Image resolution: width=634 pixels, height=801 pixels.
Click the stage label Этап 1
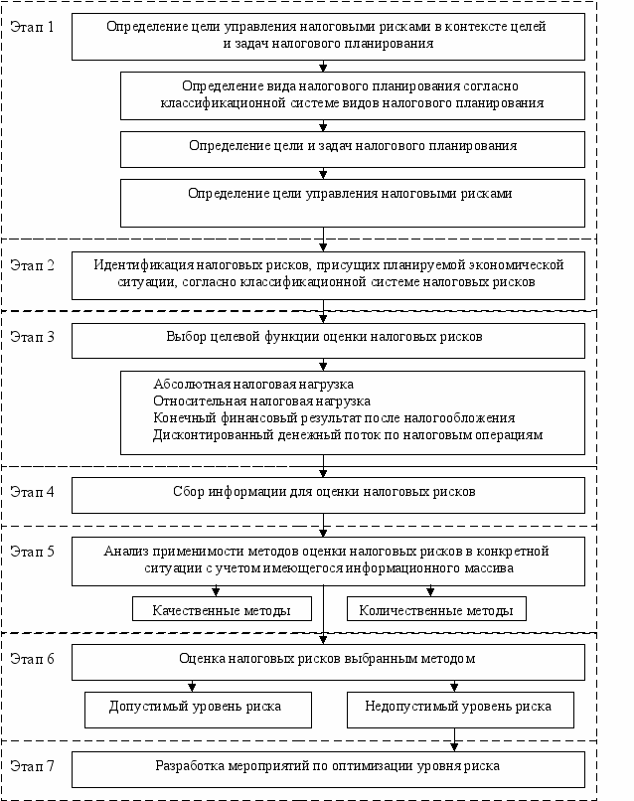pos(32,27)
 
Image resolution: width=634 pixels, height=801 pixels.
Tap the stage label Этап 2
pos(32,265)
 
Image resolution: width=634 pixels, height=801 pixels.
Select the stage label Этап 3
pos(32,337)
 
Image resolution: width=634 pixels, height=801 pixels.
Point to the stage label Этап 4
pos(32,491)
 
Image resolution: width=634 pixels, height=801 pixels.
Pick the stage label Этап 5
pos(32,552)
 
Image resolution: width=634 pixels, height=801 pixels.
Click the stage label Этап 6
pos(32,659)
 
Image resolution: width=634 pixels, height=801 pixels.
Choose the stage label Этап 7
pos(32,766)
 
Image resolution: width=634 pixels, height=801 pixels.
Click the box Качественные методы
pos(222,609)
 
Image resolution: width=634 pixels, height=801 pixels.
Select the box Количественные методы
pos(436,609)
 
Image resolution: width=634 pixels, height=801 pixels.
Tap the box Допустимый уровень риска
pos(198,711)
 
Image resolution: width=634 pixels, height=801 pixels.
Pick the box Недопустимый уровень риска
pos(460,711)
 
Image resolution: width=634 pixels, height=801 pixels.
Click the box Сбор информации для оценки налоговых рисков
pos(328,495)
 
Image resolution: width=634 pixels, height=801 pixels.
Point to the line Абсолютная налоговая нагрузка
pos(253,385)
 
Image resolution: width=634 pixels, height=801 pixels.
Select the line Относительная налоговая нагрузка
pos(261,401)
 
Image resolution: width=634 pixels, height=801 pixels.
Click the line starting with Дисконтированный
pos(348,435)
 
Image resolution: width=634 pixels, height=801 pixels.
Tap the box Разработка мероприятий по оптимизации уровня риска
pos(328,769)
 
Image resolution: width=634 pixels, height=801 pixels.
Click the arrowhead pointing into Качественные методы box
pos(216,592)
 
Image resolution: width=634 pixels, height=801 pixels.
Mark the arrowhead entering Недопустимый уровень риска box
pos(454,688)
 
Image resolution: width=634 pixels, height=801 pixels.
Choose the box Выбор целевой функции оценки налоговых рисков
pos(328,340)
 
